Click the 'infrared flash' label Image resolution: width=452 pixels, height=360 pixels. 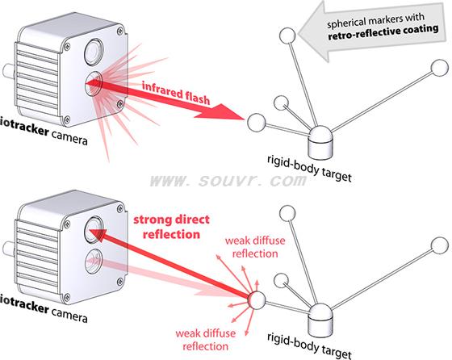pos(176,93)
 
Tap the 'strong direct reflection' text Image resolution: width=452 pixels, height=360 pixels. pos(171,227)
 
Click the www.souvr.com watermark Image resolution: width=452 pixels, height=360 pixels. pos(228,181)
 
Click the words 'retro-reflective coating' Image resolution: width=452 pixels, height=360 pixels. pos(383,32)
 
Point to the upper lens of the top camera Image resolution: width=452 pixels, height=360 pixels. pos(94,52)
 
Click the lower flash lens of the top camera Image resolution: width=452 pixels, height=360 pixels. pos(94,83)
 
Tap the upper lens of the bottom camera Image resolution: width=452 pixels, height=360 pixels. pos(94,229)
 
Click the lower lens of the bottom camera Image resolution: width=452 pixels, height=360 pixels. pos(94,262)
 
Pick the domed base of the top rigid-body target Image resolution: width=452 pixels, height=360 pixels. pos(320,143)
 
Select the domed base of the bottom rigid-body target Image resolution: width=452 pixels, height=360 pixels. pos(320,320)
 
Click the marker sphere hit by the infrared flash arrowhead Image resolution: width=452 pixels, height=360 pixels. pos(257,123)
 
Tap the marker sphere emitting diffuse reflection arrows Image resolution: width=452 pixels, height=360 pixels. pos(257,299)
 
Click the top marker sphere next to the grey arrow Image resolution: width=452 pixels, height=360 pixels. pos(287,36)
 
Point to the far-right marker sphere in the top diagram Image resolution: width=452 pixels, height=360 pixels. pos(440,68)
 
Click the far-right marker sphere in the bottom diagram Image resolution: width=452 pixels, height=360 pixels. pos(440,245)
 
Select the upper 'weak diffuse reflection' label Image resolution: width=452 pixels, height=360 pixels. pos(255,247)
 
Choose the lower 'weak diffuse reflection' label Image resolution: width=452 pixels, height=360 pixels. pos(206,340)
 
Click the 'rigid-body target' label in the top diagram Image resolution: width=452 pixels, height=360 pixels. pos(310,169)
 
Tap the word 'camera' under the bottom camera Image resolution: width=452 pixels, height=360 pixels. pos(69,315)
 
